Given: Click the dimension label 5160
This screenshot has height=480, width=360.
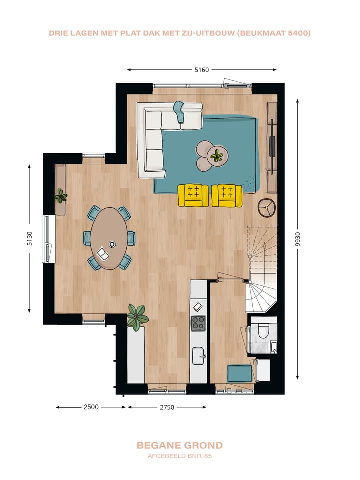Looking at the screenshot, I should tap(202, 70).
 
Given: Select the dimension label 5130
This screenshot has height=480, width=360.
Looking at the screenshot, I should tap(29, 238).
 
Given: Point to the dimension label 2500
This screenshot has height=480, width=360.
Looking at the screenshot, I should tap(91, 407).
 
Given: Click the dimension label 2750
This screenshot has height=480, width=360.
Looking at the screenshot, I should tap(167, 407).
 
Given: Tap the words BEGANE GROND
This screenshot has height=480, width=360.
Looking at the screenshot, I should tap(179, 445).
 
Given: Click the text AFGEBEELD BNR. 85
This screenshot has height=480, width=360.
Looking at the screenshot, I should tap(180, 456).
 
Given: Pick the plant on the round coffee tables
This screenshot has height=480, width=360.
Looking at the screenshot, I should tap(217, 155).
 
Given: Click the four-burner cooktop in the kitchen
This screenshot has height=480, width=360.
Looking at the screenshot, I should tap(198, 323).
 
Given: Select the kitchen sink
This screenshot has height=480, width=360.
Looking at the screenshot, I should tap(198, 356).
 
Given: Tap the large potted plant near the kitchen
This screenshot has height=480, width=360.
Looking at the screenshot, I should tap(137, 316).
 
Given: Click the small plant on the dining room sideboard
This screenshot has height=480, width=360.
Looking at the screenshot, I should tap(61, 196).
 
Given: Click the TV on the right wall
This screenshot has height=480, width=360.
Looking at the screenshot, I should tap(272, 146).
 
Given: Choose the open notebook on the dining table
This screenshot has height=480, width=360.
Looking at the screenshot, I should tap(103, 254).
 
